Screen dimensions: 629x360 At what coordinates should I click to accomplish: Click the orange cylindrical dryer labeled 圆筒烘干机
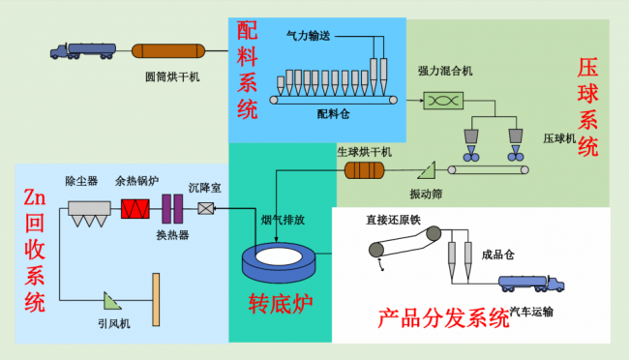pos(168,51)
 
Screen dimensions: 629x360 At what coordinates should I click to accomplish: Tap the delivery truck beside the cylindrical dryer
pos(83,51)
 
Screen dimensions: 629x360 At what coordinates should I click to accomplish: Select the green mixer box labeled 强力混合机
pos(443,101)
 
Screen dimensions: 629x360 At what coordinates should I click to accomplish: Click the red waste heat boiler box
pos(135,209)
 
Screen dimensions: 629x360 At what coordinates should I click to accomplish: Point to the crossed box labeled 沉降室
pos(206,208)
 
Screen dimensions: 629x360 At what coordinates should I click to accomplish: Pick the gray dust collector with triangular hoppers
pos(89,214)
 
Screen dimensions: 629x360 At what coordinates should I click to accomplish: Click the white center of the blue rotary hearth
pos(279,256)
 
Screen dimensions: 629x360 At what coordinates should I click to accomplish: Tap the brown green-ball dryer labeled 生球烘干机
pos(364,170)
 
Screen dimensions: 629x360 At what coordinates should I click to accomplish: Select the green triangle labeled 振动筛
pos(427,171)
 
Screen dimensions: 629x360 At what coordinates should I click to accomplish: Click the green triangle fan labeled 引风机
pos(111,301)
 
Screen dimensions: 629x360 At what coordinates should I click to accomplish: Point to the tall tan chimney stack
pos(156,299)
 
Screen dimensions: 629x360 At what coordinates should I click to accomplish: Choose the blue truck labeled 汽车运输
pos(531,284)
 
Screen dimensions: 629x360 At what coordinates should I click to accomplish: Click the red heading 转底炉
pos(281,304)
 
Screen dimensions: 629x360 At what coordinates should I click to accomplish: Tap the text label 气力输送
pos(308,36)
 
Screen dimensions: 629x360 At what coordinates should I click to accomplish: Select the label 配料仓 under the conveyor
pos(333,114)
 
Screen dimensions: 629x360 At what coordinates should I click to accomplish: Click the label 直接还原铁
pos(393,220)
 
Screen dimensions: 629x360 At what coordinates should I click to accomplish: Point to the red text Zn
pos(35,197)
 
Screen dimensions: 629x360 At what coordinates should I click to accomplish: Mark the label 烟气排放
pos(283,220)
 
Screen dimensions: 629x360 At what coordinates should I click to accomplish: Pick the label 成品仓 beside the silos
pos(497,255)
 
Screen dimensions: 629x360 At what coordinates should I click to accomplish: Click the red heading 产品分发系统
pos(443,319)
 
